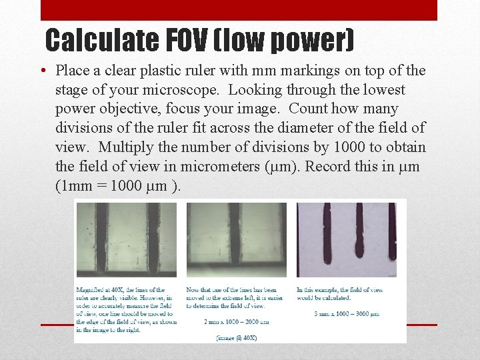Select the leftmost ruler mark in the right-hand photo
click(327, 233)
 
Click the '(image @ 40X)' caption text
click(237, 337)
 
